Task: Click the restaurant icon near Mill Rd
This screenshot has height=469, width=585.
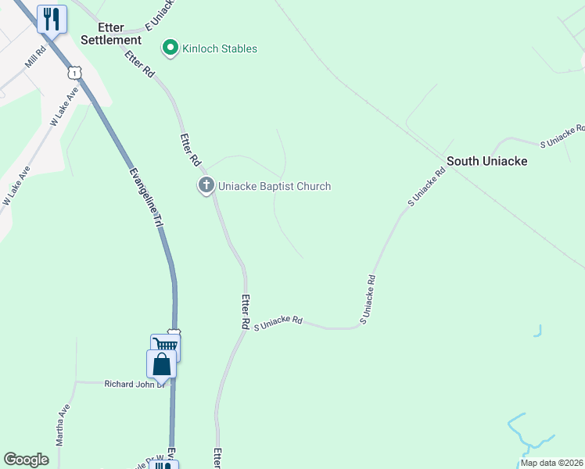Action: click(52, 19)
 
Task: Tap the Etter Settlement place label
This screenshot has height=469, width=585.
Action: click(110, 33)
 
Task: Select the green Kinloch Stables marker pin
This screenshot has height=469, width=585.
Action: click(169, 48)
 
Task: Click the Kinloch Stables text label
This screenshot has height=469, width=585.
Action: click(219, 48)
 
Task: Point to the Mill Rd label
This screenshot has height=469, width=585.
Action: click(35, 56)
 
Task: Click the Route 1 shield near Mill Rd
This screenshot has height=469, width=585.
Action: click(74, 72)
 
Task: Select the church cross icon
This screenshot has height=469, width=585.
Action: click(206, 186)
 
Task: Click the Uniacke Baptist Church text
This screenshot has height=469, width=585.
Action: click(274, 186)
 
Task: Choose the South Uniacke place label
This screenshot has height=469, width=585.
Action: click(486, 161)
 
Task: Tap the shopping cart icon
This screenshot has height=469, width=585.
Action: click(165, 346)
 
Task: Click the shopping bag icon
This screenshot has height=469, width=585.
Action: click(161, 363)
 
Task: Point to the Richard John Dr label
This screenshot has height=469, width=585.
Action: click(135, 384)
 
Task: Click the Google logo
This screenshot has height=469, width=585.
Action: click(26, 460)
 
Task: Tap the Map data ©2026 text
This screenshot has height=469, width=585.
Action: click(551, 463)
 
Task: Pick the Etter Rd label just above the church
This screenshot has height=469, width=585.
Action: click(190, 149)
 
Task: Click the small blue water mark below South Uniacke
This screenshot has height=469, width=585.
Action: click(538, 331)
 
